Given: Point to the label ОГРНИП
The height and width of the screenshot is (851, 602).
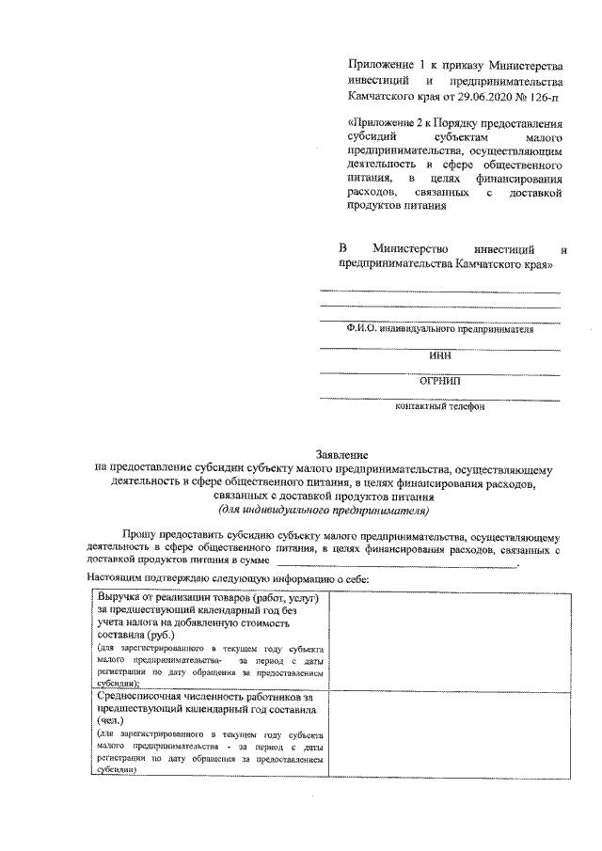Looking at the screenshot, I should tap(439, 382).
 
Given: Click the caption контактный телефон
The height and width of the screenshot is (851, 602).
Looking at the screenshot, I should tap(439, 407).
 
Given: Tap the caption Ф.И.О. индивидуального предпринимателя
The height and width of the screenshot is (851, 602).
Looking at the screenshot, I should tap(439, 331).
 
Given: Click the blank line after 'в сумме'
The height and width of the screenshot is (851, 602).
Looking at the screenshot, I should tap(395, 562).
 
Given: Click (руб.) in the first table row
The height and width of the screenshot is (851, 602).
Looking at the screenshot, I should tap(166, 635).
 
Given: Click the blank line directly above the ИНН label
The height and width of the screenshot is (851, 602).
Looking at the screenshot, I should tap(439, 348).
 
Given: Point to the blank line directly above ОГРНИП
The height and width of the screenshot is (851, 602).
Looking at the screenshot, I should tap(439, 373).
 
